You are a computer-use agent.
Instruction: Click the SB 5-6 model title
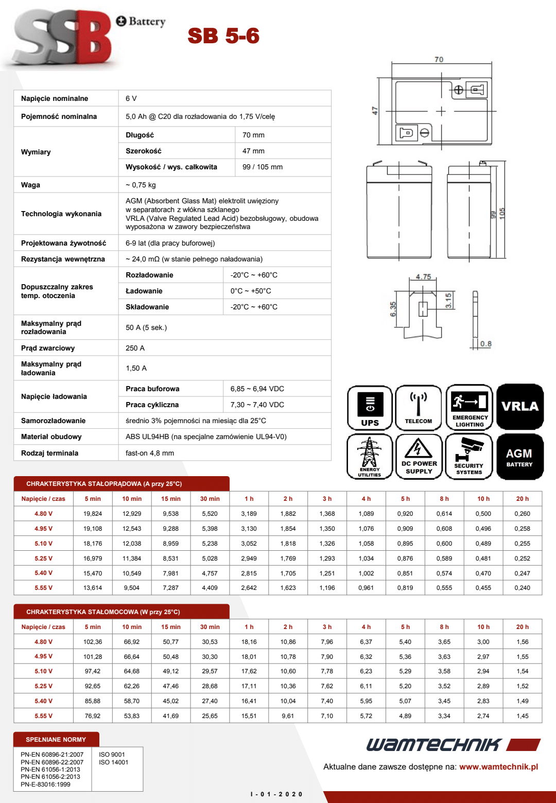(x=223, y=36)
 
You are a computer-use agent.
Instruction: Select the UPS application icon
(x=370, y=408)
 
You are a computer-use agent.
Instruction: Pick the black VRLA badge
(x=520, y=407)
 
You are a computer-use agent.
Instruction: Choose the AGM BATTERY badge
(x=519, y=457)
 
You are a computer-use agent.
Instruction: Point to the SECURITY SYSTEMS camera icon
(x=469, y=457)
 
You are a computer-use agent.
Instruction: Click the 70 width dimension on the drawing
(x=439, y=60)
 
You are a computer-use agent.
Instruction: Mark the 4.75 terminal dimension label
(x=423, y=277)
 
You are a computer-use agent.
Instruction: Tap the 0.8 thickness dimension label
(x=486, y=344)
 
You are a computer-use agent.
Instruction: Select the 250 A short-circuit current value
(x=135, y=348)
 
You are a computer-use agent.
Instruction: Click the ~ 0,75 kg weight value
(x=141, y=185)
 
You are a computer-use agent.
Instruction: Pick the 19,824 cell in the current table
(x=93, y=514)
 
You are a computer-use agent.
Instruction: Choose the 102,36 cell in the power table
(x=93, y=642)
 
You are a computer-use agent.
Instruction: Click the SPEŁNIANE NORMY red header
(x=56, y=740)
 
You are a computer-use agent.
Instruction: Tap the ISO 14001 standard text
(x=113, y=762)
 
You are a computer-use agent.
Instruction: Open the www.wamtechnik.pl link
(x=498, y=766)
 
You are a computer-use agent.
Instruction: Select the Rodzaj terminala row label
(x=50, y=453)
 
